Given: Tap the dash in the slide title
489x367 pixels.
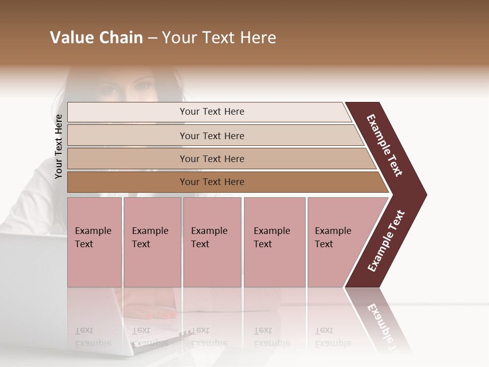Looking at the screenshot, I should point(152,38).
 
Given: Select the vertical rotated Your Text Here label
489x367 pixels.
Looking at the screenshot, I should point(59,146).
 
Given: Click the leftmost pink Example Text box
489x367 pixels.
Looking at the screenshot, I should point(94,242).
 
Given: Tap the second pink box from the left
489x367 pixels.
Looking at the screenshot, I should point(152,242).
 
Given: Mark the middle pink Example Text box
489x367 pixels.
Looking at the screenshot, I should point(212,242).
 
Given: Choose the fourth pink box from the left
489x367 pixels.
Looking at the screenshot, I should point(275,242).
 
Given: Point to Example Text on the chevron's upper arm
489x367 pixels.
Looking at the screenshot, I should point(385,145).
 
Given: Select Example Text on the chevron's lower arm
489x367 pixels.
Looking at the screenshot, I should point(386,241).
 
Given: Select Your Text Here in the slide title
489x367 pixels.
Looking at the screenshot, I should point(219,38).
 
